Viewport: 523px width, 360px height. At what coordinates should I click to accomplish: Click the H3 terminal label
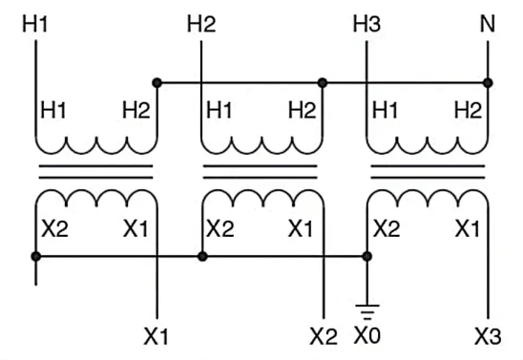click(x=367, y=23)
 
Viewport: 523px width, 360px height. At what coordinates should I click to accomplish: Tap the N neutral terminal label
click(x=489, y=23)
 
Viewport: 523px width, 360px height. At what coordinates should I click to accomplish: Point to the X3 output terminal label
click(x=489, y=336)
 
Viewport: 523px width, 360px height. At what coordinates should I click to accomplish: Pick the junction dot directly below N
click(x=489, y=83)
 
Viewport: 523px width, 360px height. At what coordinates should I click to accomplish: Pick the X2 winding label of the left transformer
click(x=53, y=229)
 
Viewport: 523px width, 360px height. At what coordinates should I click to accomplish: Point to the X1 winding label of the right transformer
click(x=467, y=229)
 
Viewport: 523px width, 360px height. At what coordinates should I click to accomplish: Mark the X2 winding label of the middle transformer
click(x=220, y=229)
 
